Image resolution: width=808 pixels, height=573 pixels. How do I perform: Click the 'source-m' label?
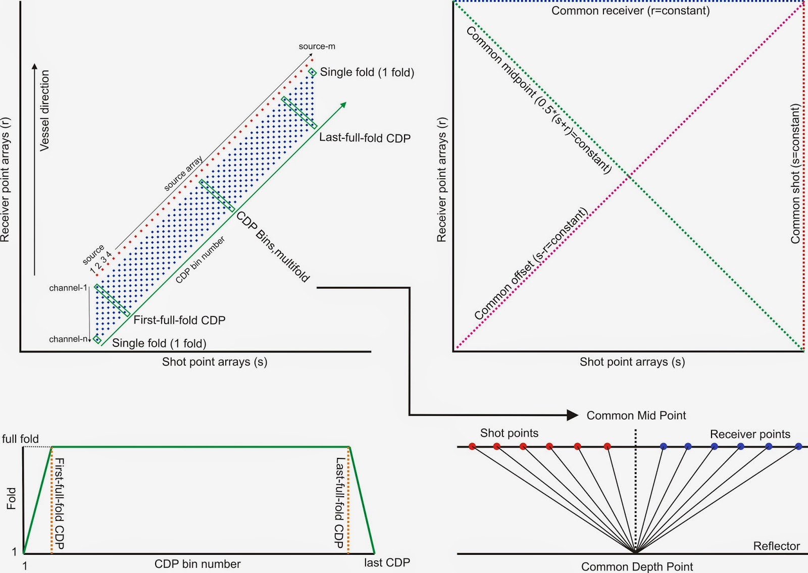pos(317,46)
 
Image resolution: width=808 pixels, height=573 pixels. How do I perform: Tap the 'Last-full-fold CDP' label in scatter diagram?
pos(365,138)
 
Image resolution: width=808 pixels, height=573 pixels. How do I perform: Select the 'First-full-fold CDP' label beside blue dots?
pos(179,320)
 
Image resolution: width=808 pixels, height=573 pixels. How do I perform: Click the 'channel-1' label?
pos(68,288)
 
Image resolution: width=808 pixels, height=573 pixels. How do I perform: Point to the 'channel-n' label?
pos(68,339)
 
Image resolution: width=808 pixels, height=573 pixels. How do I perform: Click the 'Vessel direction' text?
pos(45,110)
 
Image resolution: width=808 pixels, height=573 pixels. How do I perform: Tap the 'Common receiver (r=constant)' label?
pos(630,11)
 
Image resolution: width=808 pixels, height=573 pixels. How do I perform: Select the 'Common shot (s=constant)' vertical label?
pos(795,174)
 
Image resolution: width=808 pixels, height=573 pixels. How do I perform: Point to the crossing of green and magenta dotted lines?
pos(629,176)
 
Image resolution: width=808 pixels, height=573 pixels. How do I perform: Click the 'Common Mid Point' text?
pos(636,415)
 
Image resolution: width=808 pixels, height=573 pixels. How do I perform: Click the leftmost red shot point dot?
pos(472,446)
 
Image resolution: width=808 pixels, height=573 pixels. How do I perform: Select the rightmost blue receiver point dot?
pos(798,446)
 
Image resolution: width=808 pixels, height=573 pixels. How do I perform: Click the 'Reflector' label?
pos(776,546)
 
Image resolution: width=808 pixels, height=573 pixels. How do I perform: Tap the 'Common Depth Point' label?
pos(637,566)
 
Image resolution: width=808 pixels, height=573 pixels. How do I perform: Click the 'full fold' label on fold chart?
pos(20,439)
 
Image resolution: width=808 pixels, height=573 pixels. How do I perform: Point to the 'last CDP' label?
pos(387,562)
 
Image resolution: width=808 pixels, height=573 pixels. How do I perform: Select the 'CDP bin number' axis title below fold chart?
pos(197,564)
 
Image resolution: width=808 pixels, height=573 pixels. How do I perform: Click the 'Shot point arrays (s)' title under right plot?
pos(632,361)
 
